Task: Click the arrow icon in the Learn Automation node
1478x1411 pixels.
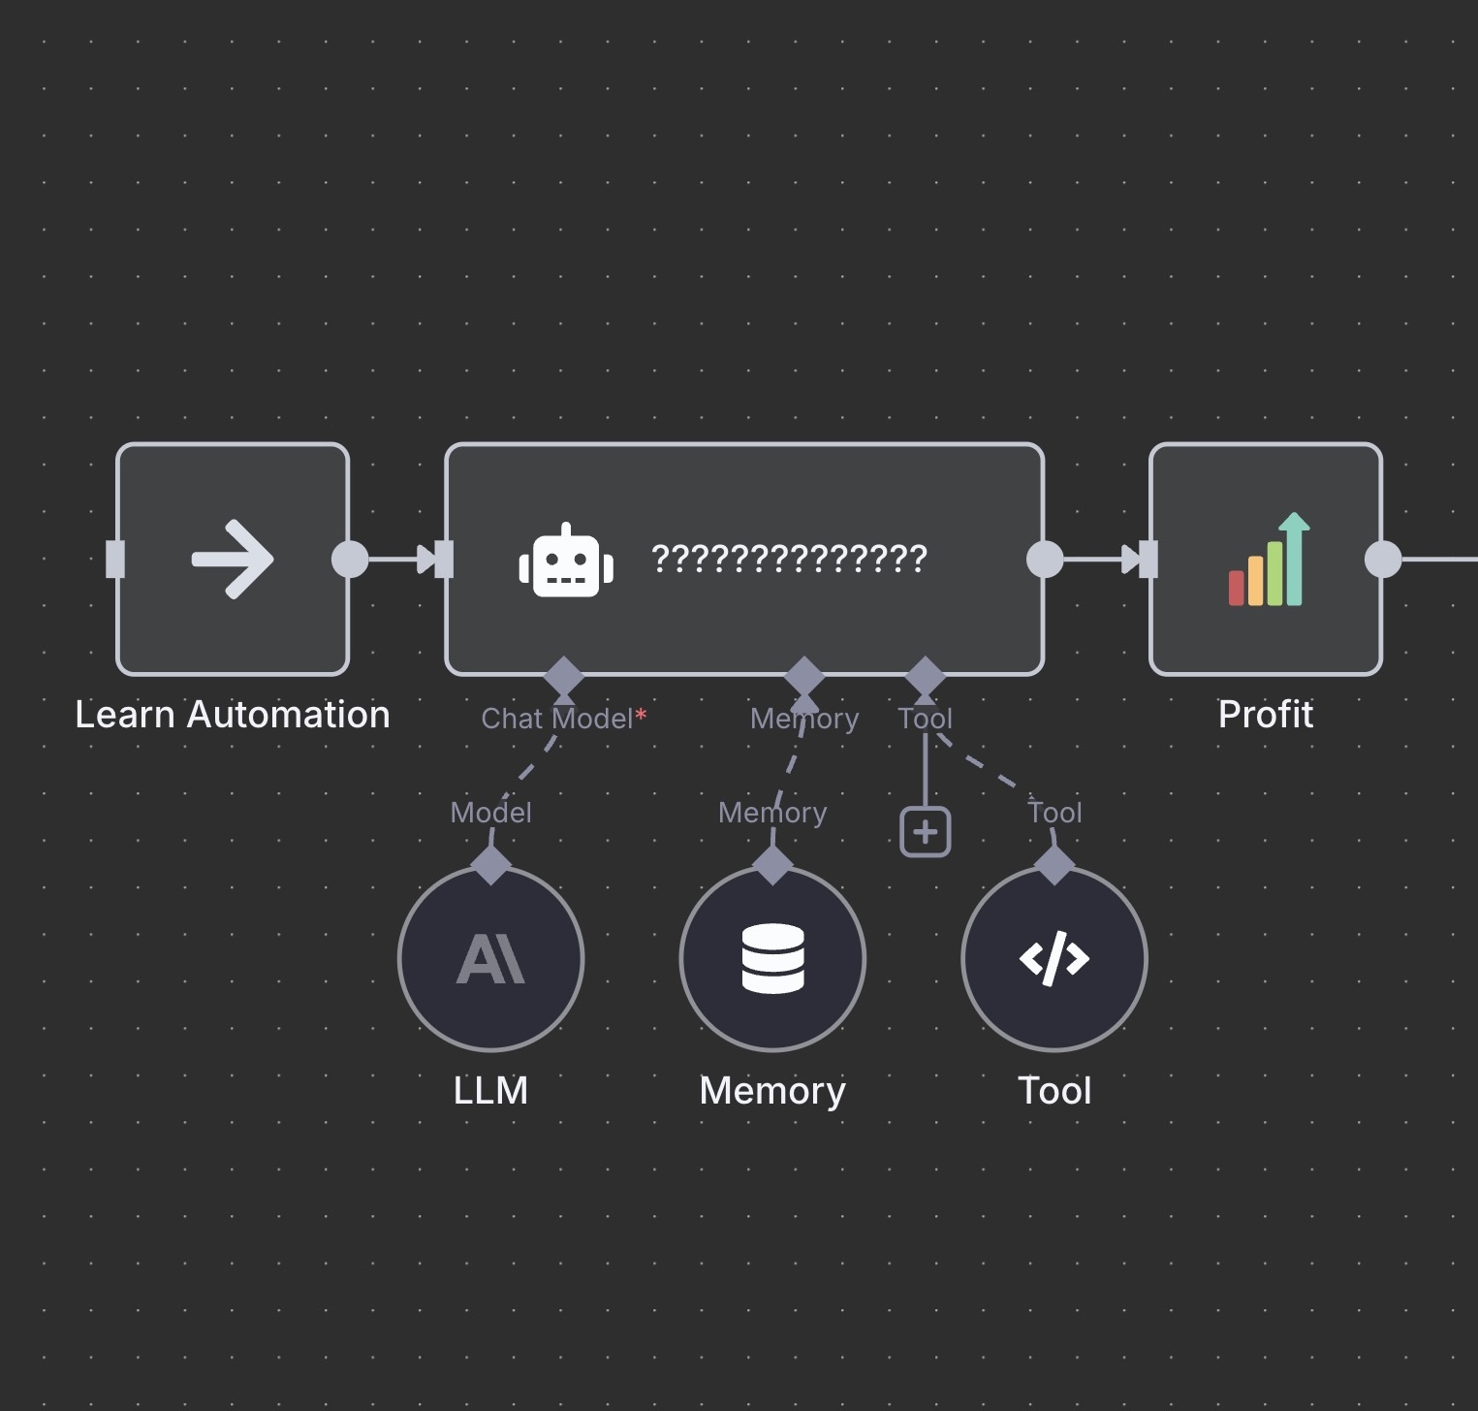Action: pos(233,560)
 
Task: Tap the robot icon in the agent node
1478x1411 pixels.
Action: pos(566,561)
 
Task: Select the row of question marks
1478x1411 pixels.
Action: pos(789,559)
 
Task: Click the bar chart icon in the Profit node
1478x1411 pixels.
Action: pos(1269,560)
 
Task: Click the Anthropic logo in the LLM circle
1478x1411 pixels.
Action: pos(490,959)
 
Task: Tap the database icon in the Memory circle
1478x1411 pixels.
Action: pos(772,959)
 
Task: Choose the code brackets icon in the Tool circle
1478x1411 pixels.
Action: pos(1054,959)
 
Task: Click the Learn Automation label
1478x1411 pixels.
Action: pos(233,715)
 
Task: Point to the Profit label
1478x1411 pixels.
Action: pos(1266,715)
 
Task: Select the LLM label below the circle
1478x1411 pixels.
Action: pos(490,1091)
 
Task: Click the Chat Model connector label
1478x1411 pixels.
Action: pos(557,719)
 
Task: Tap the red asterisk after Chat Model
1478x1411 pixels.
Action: pos(641,716)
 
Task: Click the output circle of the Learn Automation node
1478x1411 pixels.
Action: pos(350,560)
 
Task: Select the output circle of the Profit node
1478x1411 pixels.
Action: pos(1383,560)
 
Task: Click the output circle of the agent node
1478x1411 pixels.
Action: pos(1045,560)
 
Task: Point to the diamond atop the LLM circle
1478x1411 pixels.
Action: pos(490,864)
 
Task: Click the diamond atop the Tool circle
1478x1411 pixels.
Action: pos(1054,864)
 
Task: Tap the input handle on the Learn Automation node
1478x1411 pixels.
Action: pos(115,560)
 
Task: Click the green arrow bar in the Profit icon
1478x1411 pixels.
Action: pos(1294,560)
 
